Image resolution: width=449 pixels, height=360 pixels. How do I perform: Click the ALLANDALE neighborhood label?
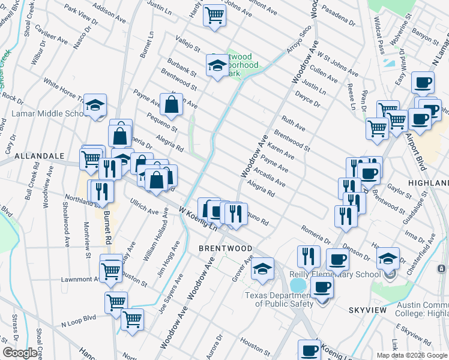point(39,155)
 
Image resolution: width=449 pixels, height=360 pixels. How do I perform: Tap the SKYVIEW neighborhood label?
point(370,310)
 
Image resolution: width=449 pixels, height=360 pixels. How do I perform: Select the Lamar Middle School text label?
point(48,113)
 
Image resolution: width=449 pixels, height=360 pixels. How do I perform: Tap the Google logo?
point(20,353)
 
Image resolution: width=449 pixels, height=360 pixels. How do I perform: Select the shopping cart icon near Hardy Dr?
point(214,15)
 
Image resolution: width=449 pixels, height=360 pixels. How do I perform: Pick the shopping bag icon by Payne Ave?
point(172,105)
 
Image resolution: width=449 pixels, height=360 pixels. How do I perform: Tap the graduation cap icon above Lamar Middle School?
point(95,106)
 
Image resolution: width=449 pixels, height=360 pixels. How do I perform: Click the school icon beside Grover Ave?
point(262,269)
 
